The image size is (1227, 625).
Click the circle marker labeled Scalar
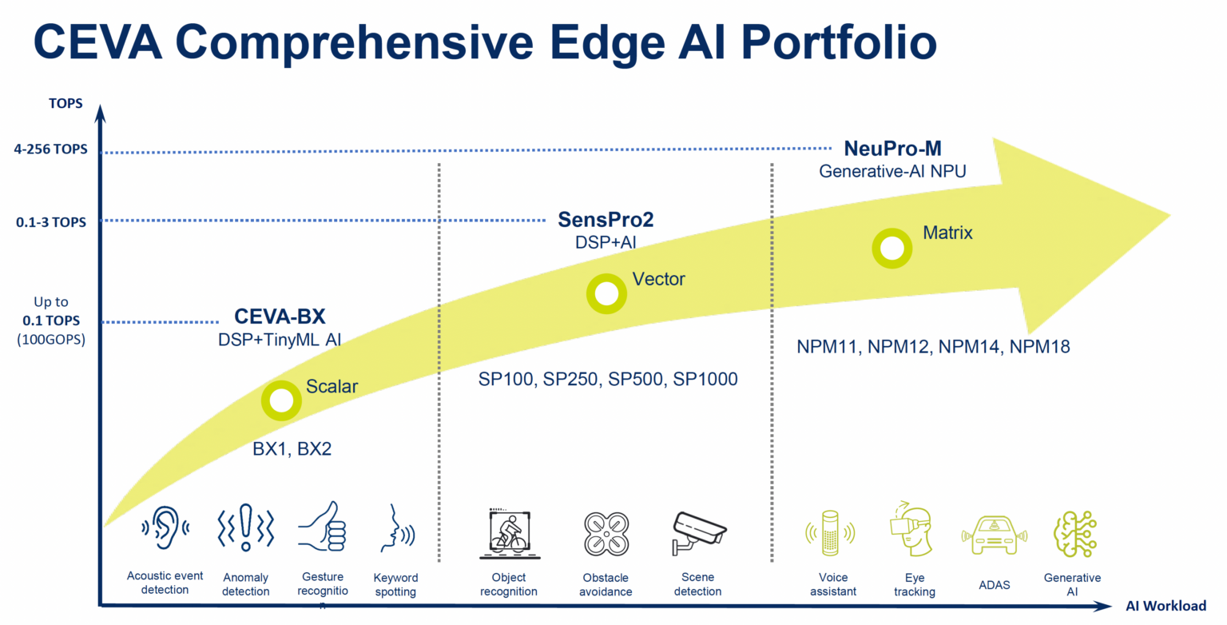(x=281, y=400)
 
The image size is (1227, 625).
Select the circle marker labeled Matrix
(x=891, y=249)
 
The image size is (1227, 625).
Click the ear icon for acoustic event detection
(x=165, y=526)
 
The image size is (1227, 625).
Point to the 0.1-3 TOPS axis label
(x=51, y=222)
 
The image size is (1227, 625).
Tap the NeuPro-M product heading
(x=892, y=149)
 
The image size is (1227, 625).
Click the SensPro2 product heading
(x=600, y=220)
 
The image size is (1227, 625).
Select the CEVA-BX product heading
(x=280, y=317)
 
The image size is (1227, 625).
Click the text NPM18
(x=1039, y=347)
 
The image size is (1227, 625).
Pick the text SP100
(x=507, y=379)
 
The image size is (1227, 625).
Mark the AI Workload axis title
(x=1166, y=607)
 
